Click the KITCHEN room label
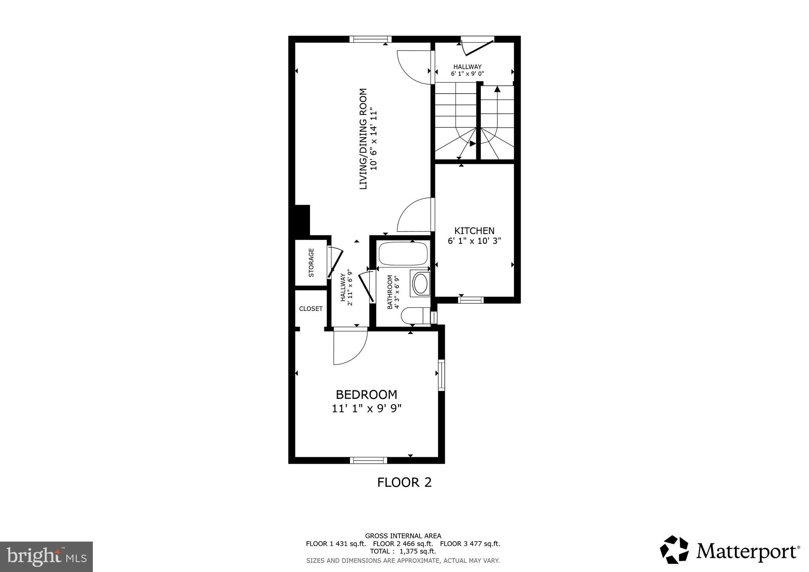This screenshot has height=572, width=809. tap(474, 231)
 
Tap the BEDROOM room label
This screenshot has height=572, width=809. tap(366, 395)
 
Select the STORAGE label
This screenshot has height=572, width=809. tap(311, 262)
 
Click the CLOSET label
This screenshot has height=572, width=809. tap(310, 309)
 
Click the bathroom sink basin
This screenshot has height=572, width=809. tap(421, 283)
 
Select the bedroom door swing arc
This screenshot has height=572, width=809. tap(351, 348)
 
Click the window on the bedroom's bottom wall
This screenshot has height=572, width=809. tap(369, 460)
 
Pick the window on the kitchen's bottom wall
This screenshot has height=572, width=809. tap(471, 300)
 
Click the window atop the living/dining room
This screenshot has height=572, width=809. tap(370, 39)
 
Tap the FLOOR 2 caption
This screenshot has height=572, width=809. tap(404, 482)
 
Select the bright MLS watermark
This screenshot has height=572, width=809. tap(46, 557)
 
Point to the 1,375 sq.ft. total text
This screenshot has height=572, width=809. tap(418, 551)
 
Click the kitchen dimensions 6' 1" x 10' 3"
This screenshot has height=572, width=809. tap(474, 241)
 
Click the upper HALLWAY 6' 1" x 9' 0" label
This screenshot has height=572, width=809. tap(467, 70)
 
